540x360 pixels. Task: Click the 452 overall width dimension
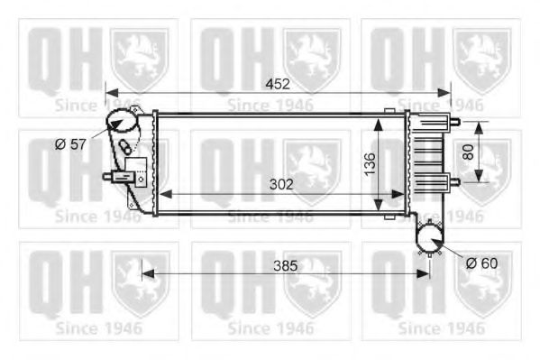pyautogui.click(x=277, y=85)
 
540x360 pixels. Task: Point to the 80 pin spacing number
pyautogui.click(x=468, y=152)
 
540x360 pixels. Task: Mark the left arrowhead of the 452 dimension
pyautogui.click(x=110, y=92)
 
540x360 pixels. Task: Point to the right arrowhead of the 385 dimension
pyautogui.click(x=425, y=273)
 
